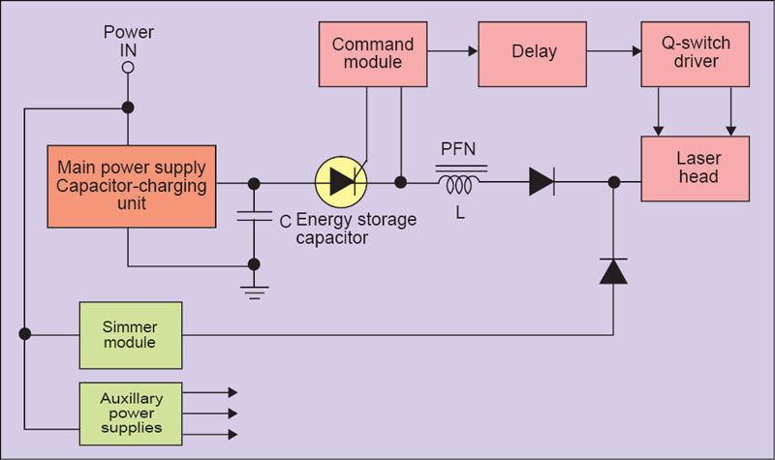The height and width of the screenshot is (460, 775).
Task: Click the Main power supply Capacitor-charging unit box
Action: tap(132, 187)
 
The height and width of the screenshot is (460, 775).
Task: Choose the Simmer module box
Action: tap(129, 333)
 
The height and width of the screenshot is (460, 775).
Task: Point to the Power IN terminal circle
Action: tap(127, 69)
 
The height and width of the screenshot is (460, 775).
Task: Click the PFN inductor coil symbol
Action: tap(460, 182)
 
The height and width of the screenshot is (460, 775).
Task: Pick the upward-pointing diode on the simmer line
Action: tap(613, 271)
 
